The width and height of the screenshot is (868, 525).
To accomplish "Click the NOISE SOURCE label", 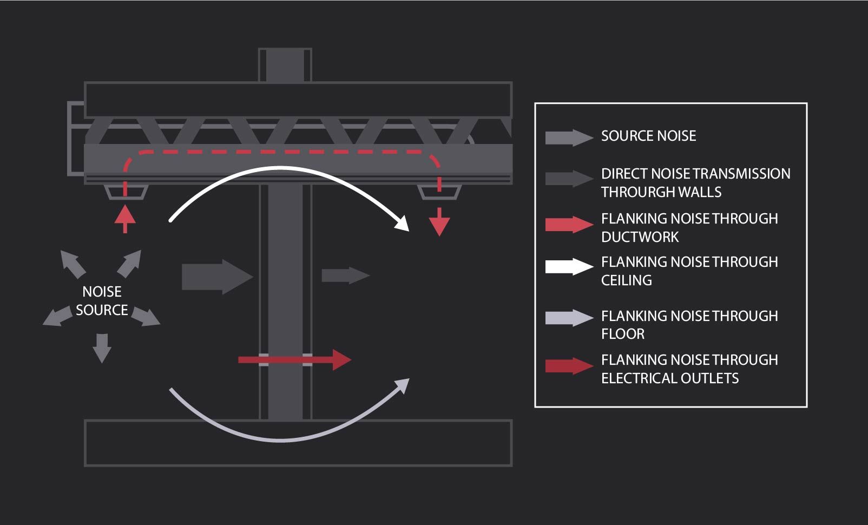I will click(x=102, y=300).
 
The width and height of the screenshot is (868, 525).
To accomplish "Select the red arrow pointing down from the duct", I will click(x=439, y=222).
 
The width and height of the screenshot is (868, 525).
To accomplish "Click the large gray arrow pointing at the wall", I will click(x=216, y=277).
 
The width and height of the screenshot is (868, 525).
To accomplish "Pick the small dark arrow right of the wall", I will click(x=345, y=275).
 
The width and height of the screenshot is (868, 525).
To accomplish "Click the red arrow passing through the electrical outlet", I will click(x=295, y=359).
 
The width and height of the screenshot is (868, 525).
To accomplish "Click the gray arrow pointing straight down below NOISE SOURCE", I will click(x=102, y=347).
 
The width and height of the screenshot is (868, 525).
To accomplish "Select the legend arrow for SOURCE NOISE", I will click(x=569, y=137).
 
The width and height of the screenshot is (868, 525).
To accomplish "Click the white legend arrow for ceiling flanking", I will click(x=569, y=267).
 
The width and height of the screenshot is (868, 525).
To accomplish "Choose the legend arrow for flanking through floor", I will click(x=569, y=318).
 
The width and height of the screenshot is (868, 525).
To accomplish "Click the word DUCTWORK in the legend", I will click(x=640, y=237).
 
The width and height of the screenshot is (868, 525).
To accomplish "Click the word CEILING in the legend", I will click(x=627, y=280).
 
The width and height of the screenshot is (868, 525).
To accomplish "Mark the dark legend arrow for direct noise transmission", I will click(x=569, y=179).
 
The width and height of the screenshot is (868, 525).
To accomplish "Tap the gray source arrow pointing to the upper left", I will click(x=73, y=264).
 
